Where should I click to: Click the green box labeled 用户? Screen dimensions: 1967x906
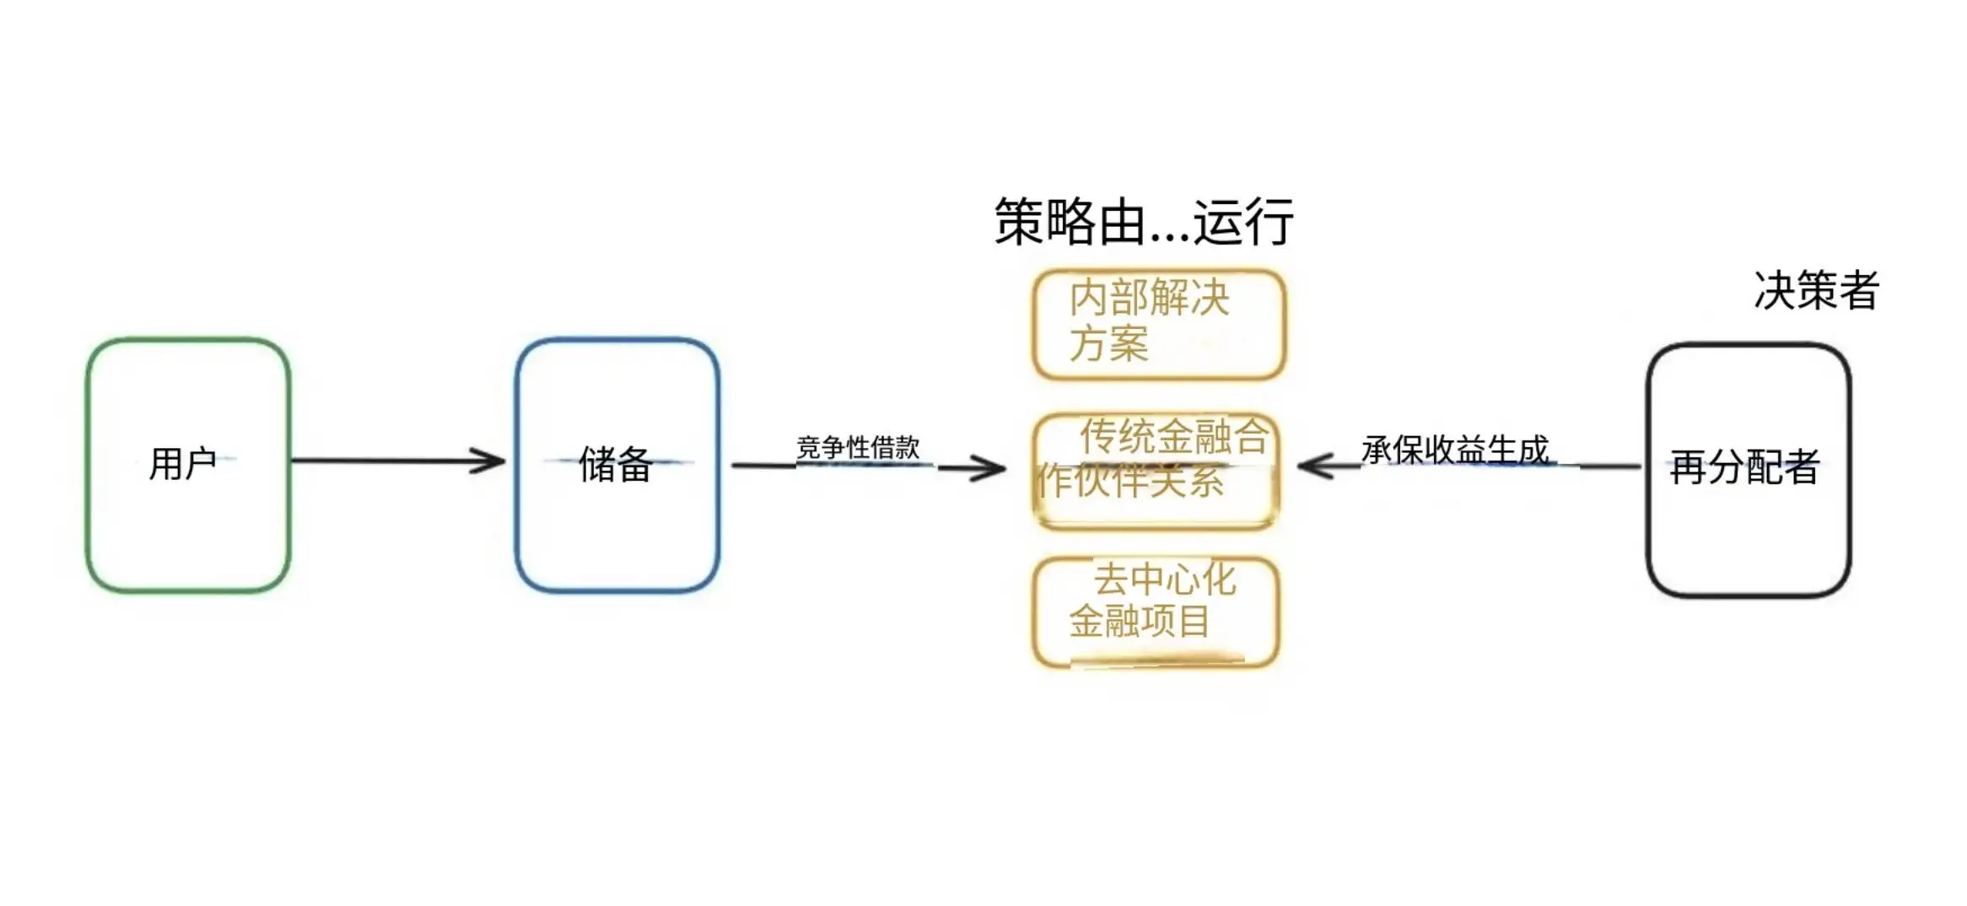(x=88, y=465)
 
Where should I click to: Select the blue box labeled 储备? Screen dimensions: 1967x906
(x=516, y=465)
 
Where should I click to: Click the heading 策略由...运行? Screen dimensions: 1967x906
(x=1143, y=222)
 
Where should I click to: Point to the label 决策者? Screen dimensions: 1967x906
(x=1817, y=290)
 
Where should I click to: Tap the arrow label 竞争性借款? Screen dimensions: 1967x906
(x=858, y=447)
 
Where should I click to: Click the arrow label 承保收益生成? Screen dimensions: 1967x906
(x=1455, y=450)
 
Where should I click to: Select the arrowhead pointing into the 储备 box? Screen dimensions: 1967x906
(x=489, y=461)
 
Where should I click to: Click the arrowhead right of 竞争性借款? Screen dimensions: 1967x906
(x=989, y=467)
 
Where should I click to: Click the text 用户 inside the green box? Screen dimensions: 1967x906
(x=182, y=463)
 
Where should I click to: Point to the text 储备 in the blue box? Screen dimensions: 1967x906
(x=616, y=464)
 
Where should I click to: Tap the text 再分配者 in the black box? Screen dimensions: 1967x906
(x=1744, y=466)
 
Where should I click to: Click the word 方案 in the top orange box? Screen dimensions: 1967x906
(x=1108, y=343)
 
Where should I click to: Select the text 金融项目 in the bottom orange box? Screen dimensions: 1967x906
(x=1140, y=622)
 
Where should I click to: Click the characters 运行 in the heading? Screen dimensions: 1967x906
(x=1243, y=222)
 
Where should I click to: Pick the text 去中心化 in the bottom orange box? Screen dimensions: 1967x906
(x=1165, y=580)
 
